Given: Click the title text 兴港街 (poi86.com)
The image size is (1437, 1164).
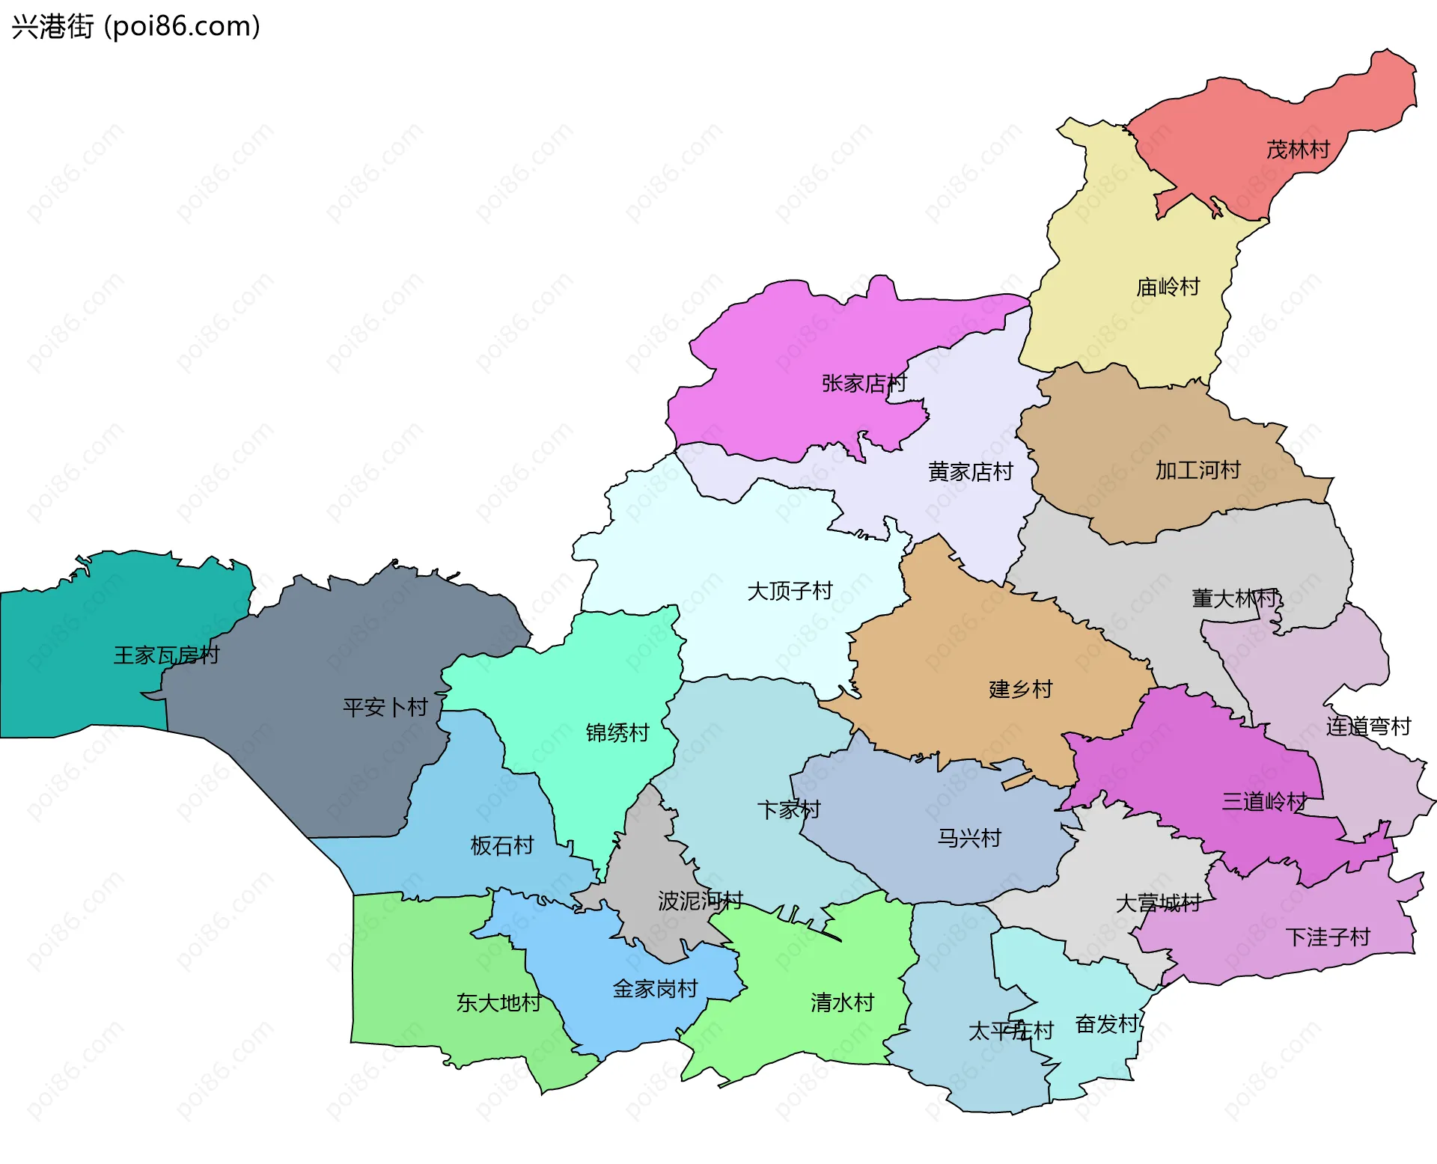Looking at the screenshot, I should tap(135, 26).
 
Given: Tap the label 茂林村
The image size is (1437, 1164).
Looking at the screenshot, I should tap(1297, 150).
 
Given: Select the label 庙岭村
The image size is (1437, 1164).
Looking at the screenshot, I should tap(1168, 287).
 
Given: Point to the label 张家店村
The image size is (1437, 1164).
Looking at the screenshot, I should tap(864, 383).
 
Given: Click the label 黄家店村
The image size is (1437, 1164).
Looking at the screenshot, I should tap(970, 471).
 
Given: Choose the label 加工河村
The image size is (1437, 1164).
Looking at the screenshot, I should tap(1197, 470).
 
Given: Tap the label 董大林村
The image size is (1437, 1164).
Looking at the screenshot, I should tap(1236, 598).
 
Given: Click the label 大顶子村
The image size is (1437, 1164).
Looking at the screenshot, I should tap(790, 591).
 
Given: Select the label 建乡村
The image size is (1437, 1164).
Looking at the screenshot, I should tap(1021, 689).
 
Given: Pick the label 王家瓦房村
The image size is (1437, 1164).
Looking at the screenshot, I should tap(166, 655).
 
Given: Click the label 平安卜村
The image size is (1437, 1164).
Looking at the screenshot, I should tap(385, 707).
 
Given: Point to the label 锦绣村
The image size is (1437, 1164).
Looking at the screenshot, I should tap(617, 732).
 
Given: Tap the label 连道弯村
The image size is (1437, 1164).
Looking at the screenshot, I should tap(1368, 726).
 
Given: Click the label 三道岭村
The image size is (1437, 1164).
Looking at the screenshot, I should tap(1264, 802).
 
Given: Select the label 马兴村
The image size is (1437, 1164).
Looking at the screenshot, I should tap(969, 838).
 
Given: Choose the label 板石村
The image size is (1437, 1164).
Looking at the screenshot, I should tap(501, 845).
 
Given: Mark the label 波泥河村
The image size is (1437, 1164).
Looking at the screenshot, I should tap(701, 901).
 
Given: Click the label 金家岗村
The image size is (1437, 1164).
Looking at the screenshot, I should tap(655, 989).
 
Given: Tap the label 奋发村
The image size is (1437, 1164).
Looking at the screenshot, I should tap(1107, 1023).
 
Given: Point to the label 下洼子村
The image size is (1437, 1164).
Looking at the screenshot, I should tap(1327, 937).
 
